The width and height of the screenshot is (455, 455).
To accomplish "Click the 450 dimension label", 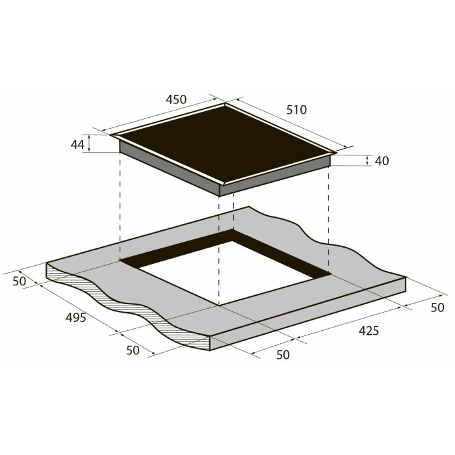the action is (176, 99).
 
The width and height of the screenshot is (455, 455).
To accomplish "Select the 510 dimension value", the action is (296, 110).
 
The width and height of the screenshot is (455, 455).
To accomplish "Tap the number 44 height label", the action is (77, 144).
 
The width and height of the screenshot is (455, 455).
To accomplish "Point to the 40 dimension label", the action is (382, 161).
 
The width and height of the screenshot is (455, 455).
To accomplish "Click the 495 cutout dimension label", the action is (76, 317).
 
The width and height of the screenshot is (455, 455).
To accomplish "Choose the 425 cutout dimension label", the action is (369, 330).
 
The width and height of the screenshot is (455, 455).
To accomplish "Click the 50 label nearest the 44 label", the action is (19, 281).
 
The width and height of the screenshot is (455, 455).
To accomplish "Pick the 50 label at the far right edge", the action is (437, 307).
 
